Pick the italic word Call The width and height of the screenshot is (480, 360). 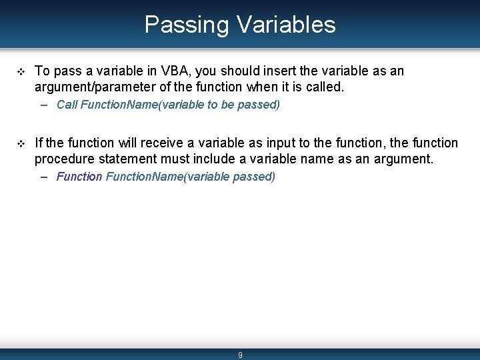click(x=67, y=105)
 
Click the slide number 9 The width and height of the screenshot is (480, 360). click(x=240, y=355)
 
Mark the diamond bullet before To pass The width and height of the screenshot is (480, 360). click(x=19, y=71)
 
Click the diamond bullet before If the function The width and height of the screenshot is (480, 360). click(x=19, y=144)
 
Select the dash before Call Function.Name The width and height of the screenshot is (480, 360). click(x=44, y=105)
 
